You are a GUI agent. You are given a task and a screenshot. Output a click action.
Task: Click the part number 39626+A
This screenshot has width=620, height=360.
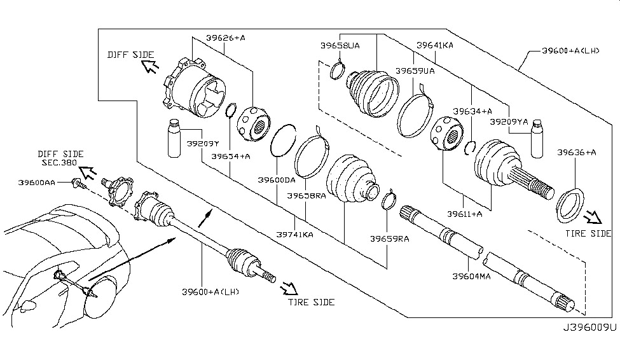225,38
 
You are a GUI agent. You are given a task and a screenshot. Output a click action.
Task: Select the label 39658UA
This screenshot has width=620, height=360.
340,46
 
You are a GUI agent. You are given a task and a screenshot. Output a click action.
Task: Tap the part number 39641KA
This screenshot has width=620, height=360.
435,46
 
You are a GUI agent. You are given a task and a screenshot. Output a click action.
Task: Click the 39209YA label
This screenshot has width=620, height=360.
509,120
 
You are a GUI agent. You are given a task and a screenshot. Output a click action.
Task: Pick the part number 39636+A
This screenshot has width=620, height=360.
576,153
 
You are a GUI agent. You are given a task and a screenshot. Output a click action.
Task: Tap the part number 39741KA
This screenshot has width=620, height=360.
294,235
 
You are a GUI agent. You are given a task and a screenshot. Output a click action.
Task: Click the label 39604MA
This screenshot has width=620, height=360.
471,276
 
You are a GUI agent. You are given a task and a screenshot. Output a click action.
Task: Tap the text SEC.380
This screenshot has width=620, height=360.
57,163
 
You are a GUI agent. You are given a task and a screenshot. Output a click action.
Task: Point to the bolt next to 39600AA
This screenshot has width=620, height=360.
80,185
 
